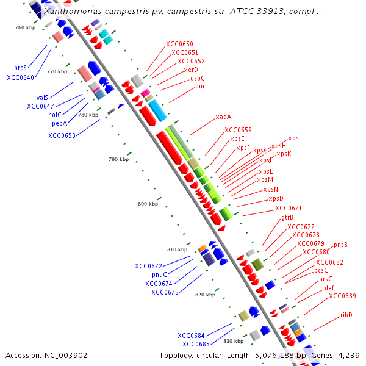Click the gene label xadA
pos(223,117)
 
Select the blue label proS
pos(20,68)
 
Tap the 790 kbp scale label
pos(118,159)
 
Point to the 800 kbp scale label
pos(148,204)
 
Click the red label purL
pos(201,87)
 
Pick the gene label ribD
pos(346,315)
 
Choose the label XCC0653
pos(62,135)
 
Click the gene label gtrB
pos(287,217)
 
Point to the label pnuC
pos(159,274)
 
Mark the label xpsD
pos(276,198)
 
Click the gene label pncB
pos(340,245)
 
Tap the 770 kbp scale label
pos(57,71)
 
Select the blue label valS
pos(42,98)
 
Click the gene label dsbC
pos(197,78)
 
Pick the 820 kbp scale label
pos(205,295)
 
